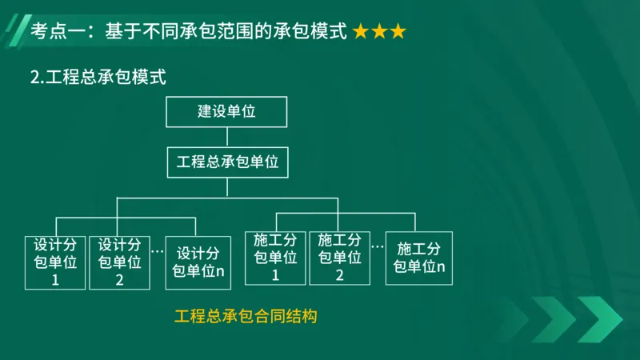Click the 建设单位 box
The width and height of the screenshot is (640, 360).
click(226, 111)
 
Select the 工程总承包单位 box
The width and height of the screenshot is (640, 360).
click(227, 162)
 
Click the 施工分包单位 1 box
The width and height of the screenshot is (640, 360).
click(275, 258)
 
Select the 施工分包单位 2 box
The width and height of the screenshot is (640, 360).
click(339, 258)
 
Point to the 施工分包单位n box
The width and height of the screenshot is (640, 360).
click(419, 258)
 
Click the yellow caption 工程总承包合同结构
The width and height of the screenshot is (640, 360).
click(246, 316)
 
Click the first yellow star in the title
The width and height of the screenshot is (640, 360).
click(361, 32)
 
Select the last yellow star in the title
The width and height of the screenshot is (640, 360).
click(398, 32)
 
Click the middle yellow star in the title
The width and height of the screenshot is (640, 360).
click(379, 32)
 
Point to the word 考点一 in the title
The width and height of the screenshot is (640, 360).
click(55, 32)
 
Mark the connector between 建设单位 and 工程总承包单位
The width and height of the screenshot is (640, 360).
click(227, 136)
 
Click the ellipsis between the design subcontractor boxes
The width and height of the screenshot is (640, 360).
click(157, 250)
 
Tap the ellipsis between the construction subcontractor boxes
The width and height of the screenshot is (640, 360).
click(377, 246)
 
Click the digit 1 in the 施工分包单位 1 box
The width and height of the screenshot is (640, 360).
click(275, 276)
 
